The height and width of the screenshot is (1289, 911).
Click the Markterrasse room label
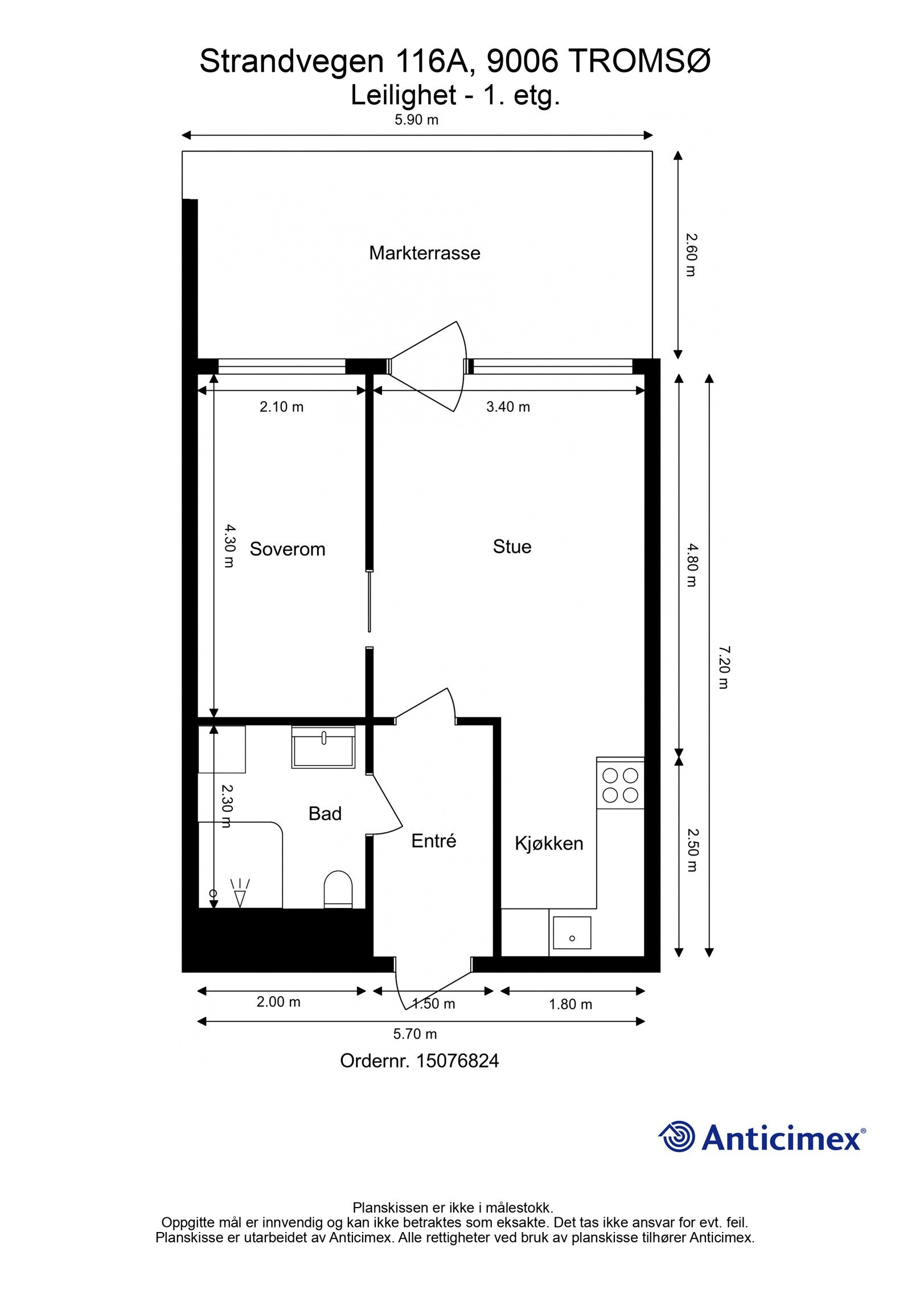pos(424,253)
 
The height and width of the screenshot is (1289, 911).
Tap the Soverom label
pos(288,549)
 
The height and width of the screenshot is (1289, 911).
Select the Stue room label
pos(512,547)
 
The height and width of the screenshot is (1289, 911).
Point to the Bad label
pos(325,813)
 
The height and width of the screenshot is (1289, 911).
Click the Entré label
pos(434,841)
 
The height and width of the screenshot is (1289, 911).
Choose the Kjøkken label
pos(549,843)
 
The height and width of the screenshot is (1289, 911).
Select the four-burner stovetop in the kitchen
pos(620,785)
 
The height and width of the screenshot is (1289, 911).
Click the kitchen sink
pos(572,933)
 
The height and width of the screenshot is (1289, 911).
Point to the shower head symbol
pos(240,894)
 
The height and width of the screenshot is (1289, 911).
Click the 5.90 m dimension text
pos(417,120)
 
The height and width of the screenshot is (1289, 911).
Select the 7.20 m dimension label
pos(723,667)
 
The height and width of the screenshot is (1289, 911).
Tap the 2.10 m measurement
pos(281,407)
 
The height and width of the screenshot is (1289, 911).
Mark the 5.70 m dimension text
pos(415,1033)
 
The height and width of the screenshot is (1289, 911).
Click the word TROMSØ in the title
pos(640,62)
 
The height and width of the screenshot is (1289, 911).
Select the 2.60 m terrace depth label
pos(691,255)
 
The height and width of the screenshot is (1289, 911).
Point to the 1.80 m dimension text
pos(571,1004)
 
